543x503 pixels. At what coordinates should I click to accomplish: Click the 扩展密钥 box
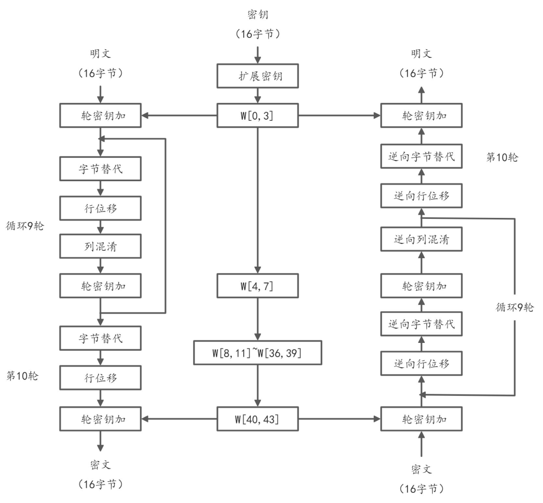pos(258,76)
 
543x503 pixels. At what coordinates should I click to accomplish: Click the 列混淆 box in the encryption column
pos(100,246)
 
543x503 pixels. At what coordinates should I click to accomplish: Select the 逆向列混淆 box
pos(422,239)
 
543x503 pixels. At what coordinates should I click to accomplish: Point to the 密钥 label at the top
pos(258,14)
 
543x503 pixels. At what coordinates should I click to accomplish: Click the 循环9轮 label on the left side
pos(25,226)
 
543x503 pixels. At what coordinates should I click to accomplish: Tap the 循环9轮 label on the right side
pos(514,307)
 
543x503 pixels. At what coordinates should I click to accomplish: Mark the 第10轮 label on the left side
pos(22,376)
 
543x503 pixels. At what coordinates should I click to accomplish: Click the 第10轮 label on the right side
pos(502,157)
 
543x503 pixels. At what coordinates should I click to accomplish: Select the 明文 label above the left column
pos(100,54)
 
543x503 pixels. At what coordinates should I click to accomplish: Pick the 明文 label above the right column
pos(422,54)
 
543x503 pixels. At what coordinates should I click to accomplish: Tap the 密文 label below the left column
pos(100,465)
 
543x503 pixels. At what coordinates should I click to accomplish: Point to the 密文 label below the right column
pos(422,469)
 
